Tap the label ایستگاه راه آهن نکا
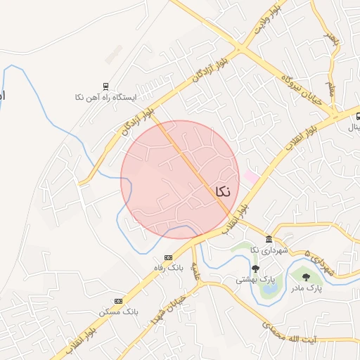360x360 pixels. click(x=105, y=97)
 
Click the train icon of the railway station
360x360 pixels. click(x=105, y=87)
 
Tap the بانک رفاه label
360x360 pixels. click(x=169, y=268)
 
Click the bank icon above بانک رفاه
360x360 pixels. click(x=168, y=257)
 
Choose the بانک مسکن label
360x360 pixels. click(x=119, y=311)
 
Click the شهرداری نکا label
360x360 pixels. click(x=270, y=250)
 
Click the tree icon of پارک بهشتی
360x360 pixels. click(x=255, y=269)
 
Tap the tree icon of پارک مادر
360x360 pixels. click(x=306, y=278)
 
